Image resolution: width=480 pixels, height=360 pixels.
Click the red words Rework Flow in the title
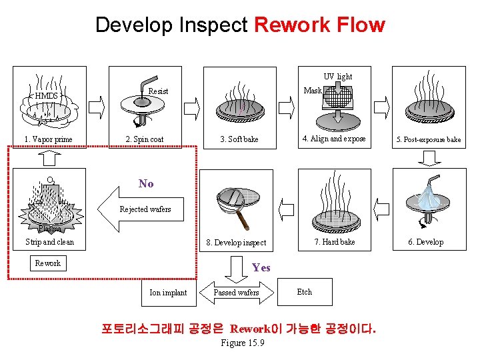[x=319, y=25]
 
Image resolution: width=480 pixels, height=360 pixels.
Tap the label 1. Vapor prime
[x=48, y=139]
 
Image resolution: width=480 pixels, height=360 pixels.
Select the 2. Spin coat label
[x=145, y=139]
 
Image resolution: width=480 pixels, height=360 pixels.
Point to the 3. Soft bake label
[x=239, y=139]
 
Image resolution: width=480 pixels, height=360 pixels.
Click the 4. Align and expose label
[x=333, y=139]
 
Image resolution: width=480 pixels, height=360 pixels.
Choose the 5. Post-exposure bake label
[x=429, y=140]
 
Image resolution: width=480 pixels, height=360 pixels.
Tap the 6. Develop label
[x=425, y=242]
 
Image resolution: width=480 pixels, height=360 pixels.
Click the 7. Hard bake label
[x=334, y=242]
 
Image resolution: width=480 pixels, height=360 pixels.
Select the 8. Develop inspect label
[x=236, y=243]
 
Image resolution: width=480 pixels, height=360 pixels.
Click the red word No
[x=146, y=183]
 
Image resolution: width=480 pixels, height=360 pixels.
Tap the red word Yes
[x=261, y=267]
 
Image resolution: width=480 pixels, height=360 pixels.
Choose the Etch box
[x=304, y=292]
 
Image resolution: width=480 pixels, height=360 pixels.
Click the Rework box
[x=48, y=263]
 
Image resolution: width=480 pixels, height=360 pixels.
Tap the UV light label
[x=338, y=77]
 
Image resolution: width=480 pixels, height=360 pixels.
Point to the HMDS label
[x=47, y=95]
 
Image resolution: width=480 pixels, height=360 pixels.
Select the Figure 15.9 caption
[x=242, y=343]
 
